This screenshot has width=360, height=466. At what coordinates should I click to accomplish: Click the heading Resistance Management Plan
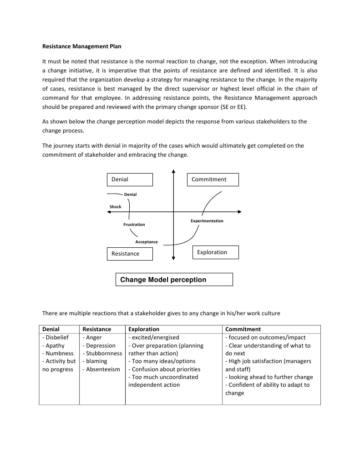[x=82, y=46]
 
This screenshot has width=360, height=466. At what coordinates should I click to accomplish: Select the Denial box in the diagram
[x=130, y=179]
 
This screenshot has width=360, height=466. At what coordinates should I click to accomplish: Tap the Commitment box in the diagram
[x=213, y=179]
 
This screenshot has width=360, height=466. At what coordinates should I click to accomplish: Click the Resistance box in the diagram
[x=130, y=254]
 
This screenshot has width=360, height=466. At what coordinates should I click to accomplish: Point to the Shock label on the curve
[x=116, y=207]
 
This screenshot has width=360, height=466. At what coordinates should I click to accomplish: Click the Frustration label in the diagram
[x=134, y=225]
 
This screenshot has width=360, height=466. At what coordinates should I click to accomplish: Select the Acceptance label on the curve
[x=147, y=242]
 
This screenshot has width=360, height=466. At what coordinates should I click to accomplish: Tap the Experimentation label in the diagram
[x=207, y=221]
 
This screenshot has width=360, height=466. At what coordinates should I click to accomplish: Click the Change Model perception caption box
[x=174, y=280]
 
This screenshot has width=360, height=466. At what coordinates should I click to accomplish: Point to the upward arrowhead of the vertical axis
[x=173, y=172]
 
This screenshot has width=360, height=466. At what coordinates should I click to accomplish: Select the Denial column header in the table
[x=51, y=329]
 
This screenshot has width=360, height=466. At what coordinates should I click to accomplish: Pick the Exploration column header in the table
[x=144, y=329]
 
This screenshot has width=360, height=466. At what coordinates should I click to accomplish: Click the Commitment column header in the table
[x=243, y=329]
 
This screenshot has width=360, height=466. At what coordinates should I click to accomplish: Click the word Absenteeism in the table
[x=103, y=369]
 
